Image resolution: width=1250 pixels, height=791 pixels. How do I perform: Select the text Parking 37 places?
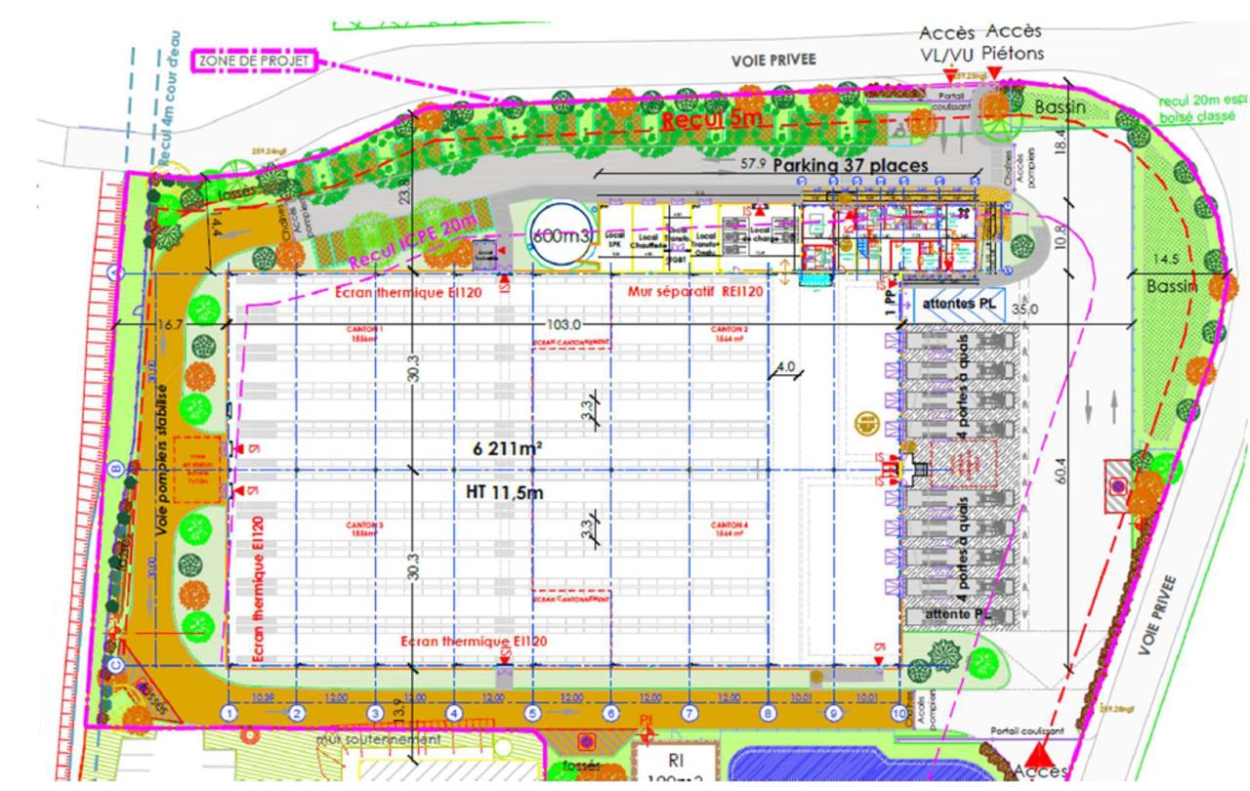[850, 166]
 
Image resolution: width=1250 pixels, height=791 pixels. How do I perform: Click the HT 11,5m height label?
[504, 493]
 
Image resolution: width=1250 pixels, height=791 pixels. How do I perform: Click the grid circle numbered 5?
[532, 714]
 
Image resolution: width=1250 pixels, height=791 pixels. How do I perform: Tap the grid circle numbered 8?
[768, 714]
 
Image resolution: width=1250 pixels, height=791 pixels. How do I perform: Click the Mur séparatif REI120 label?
[691, 291]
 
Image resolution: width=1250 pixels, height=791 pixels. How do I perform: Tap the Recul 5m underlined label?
[710, 120]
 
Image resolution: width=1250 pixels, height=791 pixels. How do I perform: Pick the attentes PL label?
[953, 305]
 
